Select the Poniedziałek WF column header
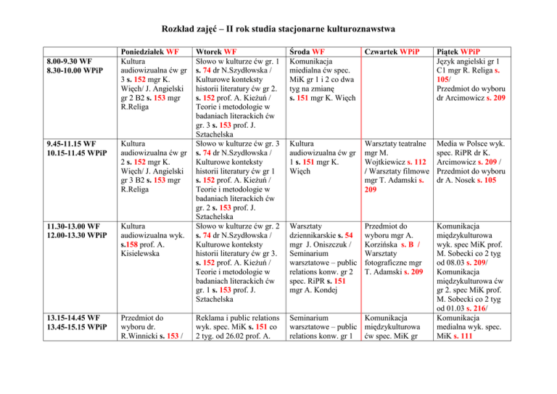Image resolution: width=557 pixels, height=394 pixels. (x=149, y=52)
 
